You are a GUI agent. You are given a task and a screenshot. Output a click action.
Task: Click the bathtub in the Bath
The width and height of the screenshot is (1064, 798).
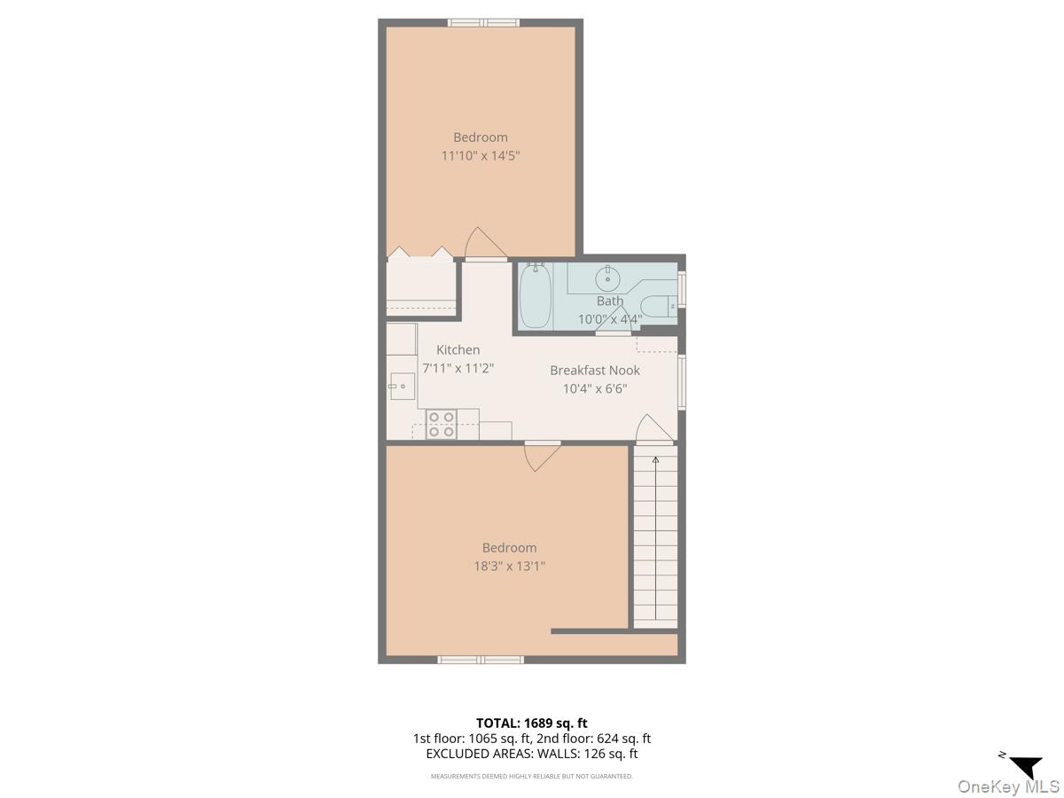coord(536,296)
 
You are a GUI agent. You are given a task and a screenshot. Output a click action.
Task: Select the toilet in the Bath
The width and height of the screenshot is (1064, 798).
coord(658,306)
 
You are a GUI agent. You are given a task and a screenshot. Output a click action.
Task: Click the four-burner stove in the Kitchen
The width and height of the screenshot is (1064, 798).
coord(442,425)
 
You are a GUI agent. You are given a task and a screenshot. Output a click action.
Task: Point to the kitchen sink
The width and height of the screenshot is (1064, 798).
coord(402,386)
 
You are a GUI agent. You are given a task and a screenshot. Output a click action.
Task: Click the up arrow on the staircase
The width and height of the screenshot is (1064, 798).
coord(655,461)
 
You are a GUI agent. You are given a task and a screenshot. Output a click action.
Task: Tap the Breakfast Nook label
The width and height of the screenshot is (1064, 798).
coord(595,371)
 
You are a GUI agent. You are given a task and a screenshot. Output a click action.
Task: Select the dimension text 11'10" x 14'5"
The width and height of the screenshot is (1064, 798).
coord(481,156)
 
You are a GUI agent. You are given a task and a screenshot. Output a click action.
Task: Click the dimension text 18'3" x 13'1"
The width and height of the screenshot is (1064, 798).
coord(509,566)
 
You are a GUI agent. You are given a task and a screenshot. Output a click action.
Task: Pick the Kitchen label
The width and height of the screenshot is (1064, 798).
coord(458,350)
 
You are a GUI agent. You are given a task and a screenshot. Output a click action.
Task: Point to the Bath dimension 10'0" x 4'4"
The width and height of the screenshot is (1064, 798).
coord(610,319)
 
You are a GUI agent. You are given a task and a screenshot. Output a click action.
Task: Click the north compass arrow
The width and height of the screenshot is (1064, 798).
coord(1026,766)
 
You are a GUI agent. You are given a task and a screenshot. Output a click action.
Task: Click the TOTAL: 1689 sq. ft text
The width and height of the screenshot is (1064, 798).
coord(532,723)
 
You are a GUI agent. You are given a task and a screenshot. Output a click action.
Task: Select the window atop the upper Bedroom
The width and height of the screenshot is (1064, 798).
coord(483,22)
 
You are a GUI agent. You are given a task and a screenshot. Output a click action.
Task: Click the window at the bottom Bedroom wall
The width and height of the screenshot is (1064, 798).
coord(481,660)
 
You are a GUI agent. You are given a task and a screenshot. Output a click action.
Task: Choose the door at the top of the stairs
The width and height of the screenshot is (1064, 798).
coord(654,429)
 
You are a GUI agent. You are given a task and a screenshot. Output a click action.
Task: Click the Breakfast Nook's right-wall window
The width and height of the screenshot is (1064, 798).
coord(681,381)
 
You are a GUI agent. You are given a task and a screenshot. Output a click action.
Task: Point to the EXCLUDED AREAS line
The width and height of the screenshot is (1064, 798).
coord(532,754)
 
